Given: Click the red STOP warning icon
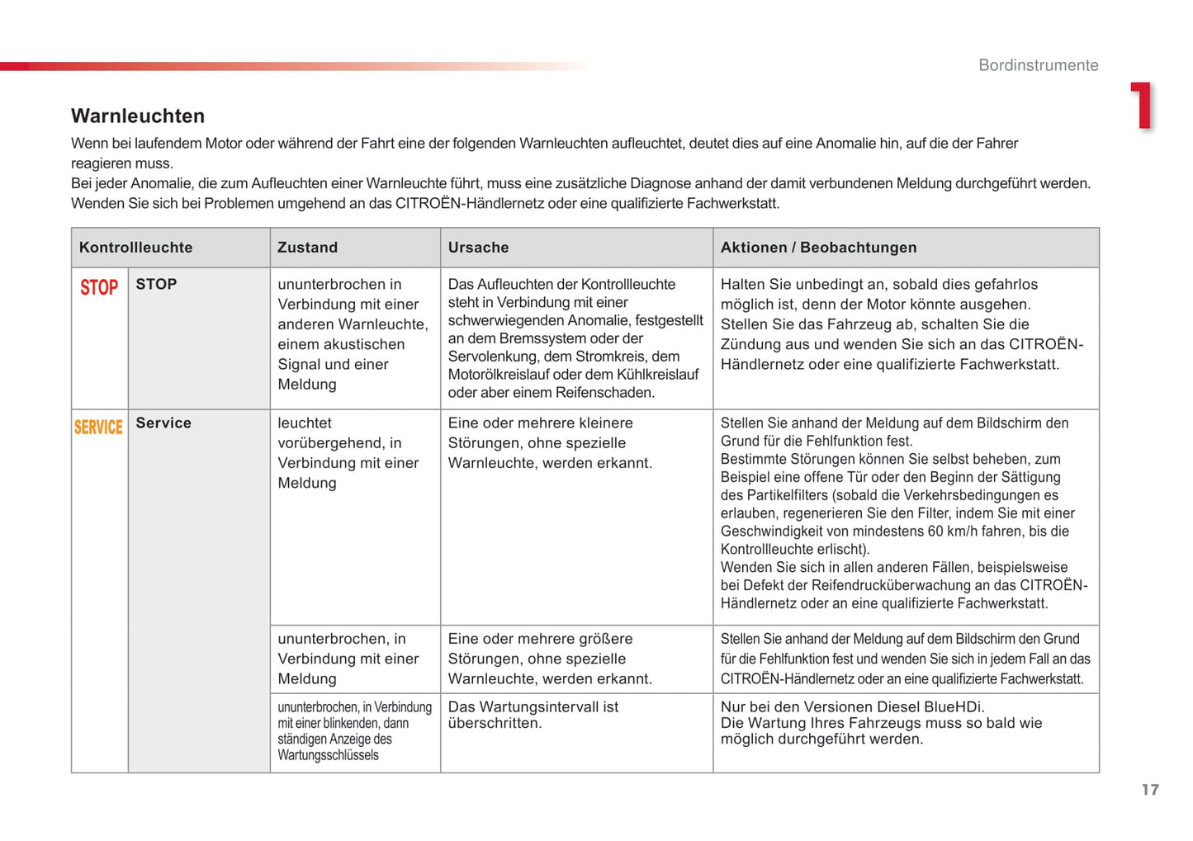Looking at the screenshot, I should [99, 287].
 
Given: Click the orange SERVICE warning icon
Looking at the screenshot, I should [99, 427].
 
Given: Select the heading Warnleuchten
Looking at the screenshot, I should [138, 116].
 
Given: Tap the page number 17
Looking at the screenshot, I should [1150, 790].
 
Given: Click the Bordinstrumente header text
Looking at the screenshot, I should [1038, 65].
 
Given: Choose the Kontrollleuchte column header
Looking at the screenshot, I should [135, 248].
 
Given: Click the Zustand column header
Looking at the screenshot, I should [307, 248].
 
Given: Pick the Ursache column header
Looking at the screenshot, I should [478, 248].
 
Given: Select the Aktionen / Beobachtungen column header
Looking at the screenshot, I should [818, 248].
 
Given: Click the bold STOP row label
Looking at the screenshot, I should [156, 284].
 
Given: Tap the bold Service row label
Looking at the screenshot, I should [163, 423].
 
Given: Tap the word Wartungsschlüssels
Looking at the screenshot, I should [328, 755].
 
